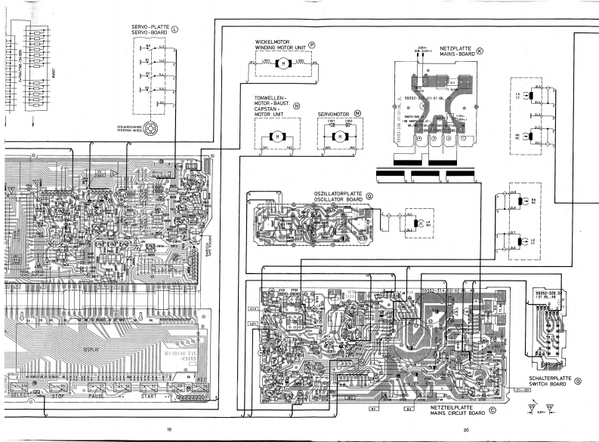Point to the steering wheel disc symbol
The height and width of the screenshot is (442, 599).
tap(151, 128)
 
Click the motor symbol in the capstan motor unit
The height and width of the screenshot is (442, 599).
tap(276, 137)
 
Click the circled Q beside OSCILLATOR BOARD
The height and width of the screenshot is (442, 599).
tap(369, 195)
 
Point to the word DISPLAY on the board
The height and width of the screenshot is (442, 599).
tap(92, 350)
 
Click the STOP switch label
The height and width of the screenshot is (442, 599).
tap(58, 395)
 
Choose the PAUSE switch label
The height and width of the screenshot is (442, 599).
tap(97, 395)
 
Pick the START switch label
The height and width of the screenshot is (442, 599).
tap(150, 395)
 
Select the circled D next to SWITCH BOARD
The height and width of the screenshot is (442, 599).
tap(578, 381)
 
